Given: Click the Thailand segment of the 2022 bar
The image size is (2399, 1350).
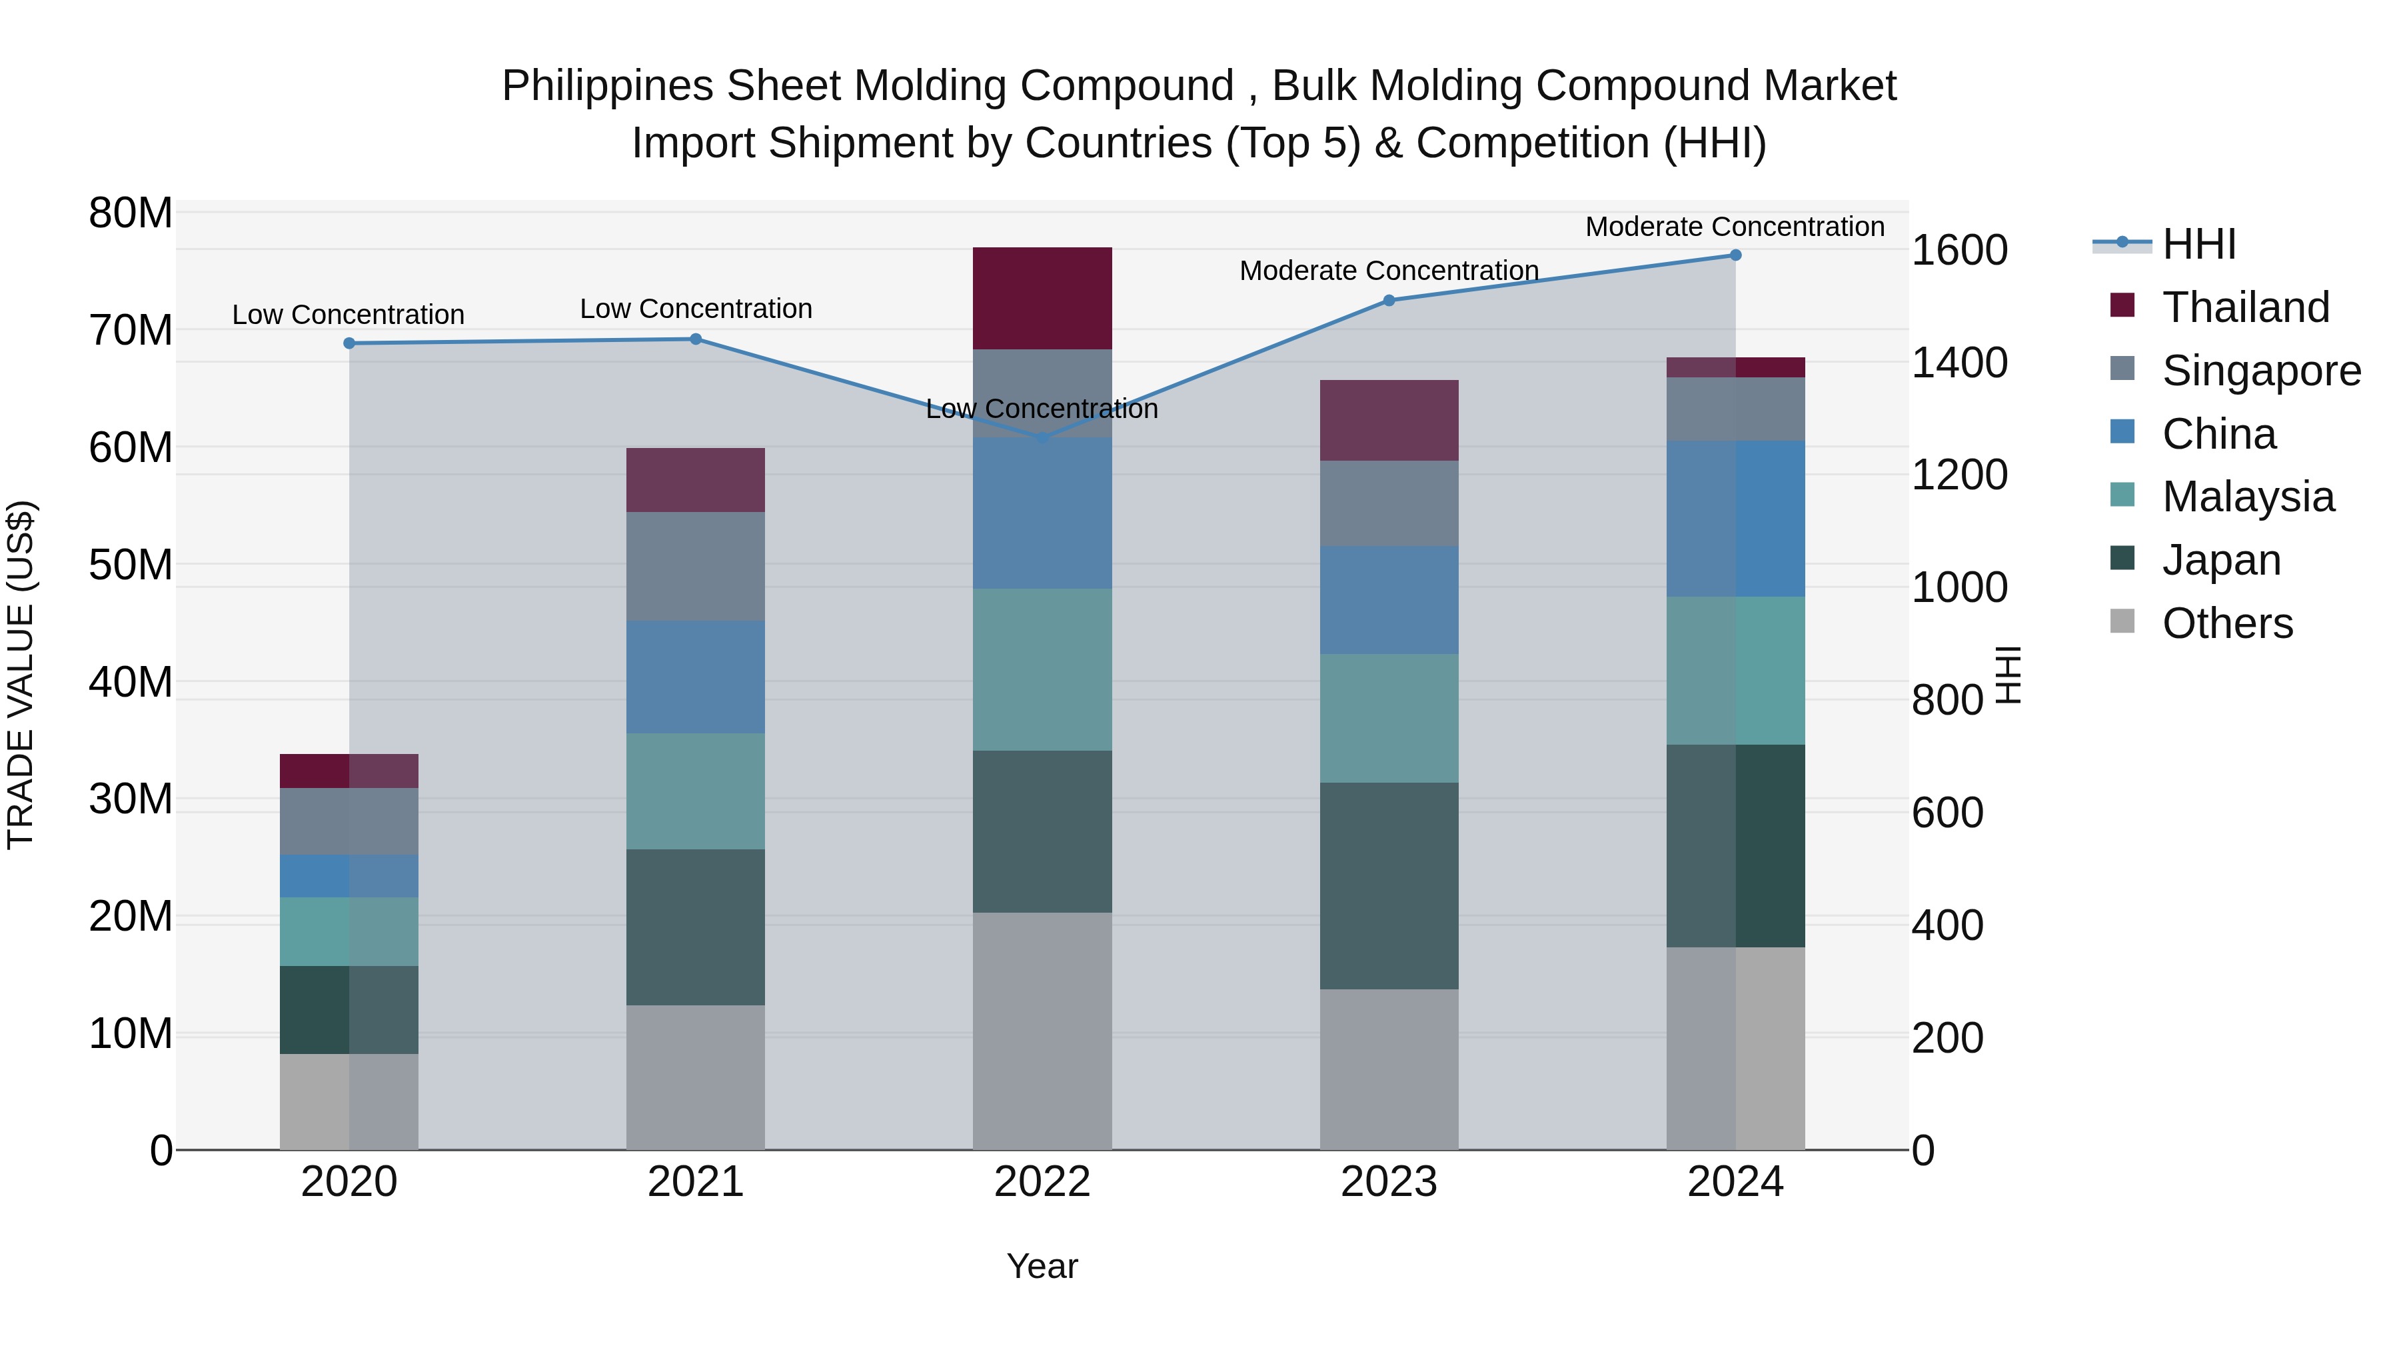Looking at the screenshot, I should click(1042, 298).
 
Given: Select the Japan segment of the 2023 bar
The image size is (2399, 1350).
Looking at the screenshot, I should click(1389, 885).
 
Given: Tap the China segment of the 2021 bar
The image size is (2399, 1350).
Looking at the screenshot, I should click(696, 677).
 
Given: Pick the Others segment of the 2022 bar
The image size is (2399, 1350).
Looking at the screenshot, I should click(1042, 1031).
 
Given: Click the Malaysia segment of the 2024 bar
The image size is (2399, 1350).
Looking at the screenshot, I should click(1735, 670).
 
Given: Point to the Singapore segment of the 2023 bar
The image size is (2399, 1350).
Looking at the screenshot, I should click(1389, 503).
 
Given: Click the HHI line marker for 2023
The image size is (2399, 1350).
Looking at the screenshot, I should click(1389, 300).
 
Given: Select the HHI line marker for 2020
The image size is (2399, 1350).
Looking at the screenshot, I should click(349, 343).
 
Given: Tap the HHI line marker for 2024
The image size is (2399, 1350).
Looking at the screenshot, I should click(1735, 255).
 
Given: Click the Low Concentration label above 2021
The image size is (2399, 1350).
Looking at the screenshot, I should click(696, 309).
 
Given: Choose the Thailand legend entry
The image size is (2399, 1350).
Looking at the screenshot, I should click(2244, 307).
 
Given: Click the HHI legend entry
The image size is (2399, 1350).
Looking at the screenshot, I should click(2198, 244).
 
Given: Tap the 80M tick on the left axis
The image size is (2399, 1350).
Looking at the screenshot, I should click(131, 213).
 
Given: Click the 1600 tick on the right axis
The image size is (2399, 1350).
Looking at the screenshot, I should click(1959, 250).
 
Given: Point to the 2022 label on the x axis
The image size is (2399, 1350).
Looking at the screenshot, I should click(1042, 1182).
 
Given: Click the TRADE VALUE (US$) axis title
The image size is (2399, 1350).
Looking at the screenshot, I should click(21, 675).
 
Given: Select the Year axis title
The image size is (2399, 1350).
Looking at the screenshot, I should click(1042, 1266).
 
